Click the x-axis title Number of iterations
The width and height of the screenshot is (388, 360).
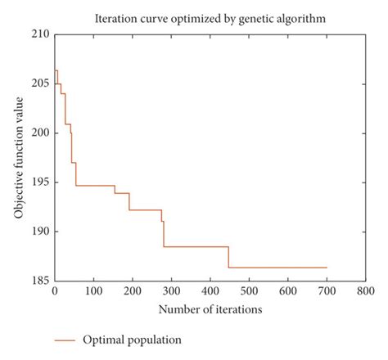click(x=210, y=309)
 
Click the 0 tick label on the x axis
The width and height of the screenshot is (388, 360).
click(x=55, y=290)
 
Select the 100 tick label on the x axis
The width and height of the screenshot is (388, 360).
click(x=93, y=290)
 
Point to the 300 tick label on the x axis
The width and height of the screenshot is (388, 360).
click(x=171, y=290)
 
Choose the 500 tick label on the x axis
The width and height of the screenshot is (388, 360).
click(x=249, y=290)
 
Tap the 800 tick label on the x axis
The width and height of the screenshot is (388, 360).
click(x=365, y=290)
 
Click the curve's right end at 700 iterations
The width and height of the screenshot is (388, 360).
click(x=327, y=268)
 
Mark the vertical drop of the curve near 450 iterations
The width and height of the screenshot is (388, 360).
click(x=228, y=257)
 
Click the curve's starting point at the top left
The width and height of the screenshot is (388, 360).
click(x=55, y=70)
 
